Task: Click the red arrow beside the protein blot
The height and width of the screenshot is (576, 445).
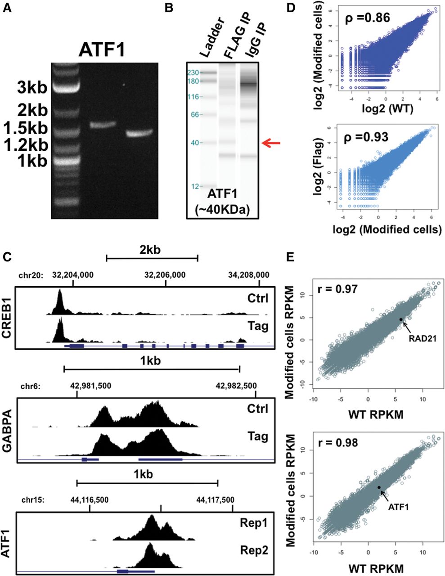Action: [x=270, y=143]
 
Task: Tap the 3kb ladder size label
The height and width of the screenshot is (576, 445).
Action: [x=32, y=87]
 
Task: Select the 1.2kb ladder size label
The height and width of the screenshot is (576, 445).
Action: [x=26, y=145]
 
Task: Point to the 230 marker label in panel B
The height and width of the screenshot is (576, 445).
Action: [x=193, y=72]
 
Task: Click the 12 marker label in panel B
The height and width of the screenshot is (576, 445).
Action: [x=195, y=187]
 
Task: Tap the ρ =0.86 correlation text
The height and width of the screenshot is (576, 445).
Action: [x=367, y=18]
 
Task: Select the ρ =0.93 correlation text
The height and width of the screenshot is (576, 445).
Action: [x=366, y=137]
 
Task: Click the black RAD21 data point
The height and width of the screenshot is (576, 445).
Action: [x=401, y=319]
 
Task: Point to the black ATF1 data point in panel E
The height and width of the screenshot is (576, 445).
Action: [x=379, y=487]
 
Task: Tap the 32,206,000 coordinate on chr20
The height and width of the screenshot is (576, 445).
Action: [x=165, y=275]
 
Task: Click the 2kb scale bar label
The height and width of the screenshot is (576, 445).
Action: [x=150, y=249]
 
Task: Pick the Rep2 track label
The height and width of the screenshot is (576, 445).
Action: [x=254, y=544]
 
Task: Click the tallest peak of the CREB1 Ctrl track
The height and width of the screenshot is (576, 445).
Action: [x=60, y=290]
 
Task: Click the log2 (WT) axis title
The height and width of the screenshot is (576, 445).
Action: [x=387, y=109]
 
